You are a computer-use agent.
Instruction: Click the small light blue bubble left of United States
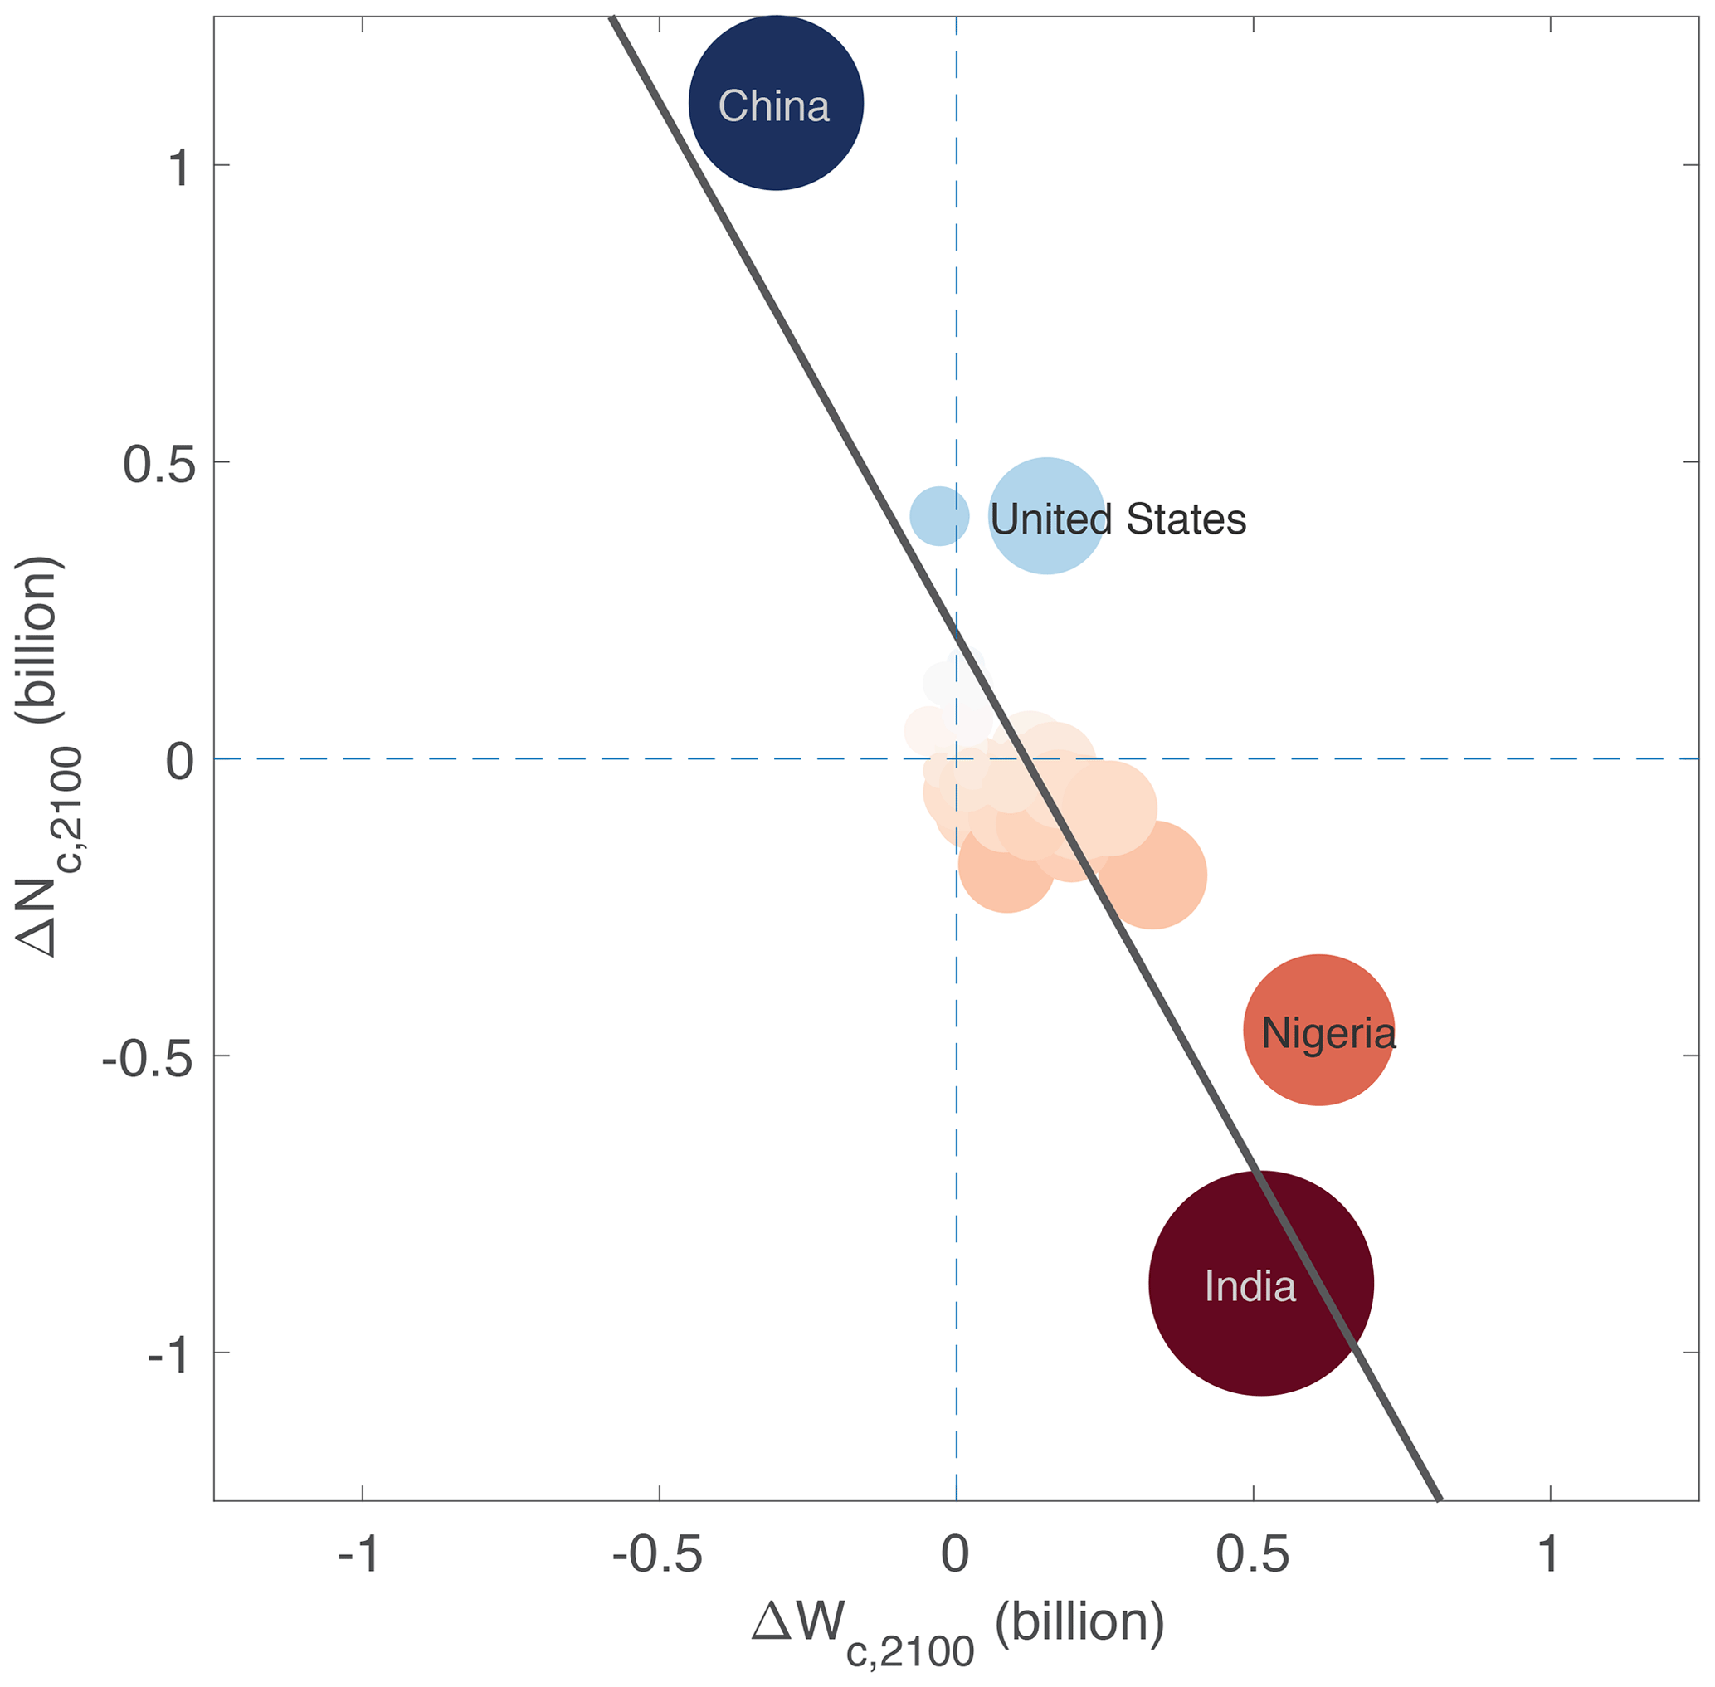[x=939, y=515]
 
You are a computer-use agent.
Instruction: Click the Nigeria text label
[x=1328, y=1034]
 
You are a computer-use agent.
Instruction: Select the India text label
[x=1250, y=1286]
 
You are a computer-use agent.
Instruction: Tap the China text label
[x=773, y=106]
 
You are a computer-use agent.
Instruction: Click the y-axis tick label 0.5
[x=158, y=463]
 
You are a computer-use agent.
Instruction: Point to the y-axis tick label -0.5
[x=147, y=1058]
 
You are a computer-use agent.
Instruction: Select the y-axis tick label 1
[x=180, y=167]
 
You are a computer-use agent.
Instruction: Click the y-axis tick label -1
[x=168, y=1355]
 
